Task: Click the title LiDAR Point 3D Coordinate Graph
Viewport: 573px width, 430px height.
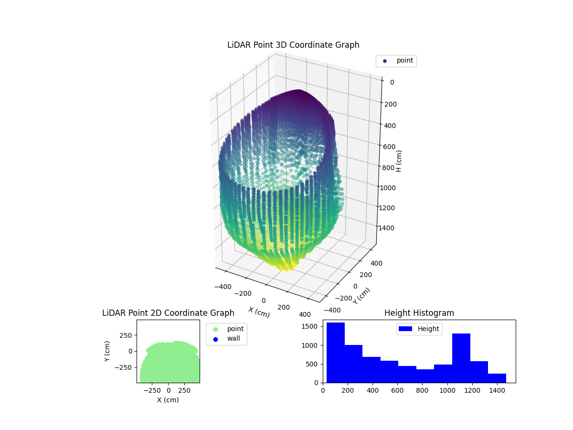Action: point(293,45)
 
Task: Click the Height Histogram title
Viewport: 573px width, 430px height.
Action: point(419,313)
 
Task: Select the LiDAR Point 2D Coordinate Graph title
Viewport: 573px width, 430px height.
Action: point(168,313)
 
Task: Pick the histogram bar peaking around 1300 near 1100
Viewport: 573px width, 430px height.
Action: point(461,358)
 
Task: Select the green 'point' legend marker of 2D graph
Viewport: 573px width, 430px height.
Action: point(215,329)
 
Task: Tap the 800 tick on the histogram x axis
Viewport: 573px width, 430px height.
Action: point(422,390)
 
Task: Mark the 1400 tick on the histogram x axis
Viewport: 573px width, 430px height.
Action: point(497,390)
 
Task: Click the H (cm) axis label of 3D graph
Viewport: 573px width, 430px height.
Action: point(399,161)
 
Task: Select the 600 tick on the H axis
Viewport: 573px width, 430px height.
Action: point(389,147)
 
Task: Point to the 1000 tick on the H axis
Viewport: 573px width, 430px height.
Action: point(387,188)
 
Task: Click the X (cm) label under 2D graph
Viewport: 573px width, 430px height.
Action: point(168,400)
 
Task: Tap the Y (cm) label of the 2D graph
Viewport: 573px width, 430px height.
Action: point(107,351)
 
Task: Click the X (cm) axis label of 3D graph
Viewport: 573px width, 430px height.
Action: point(259,312)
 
